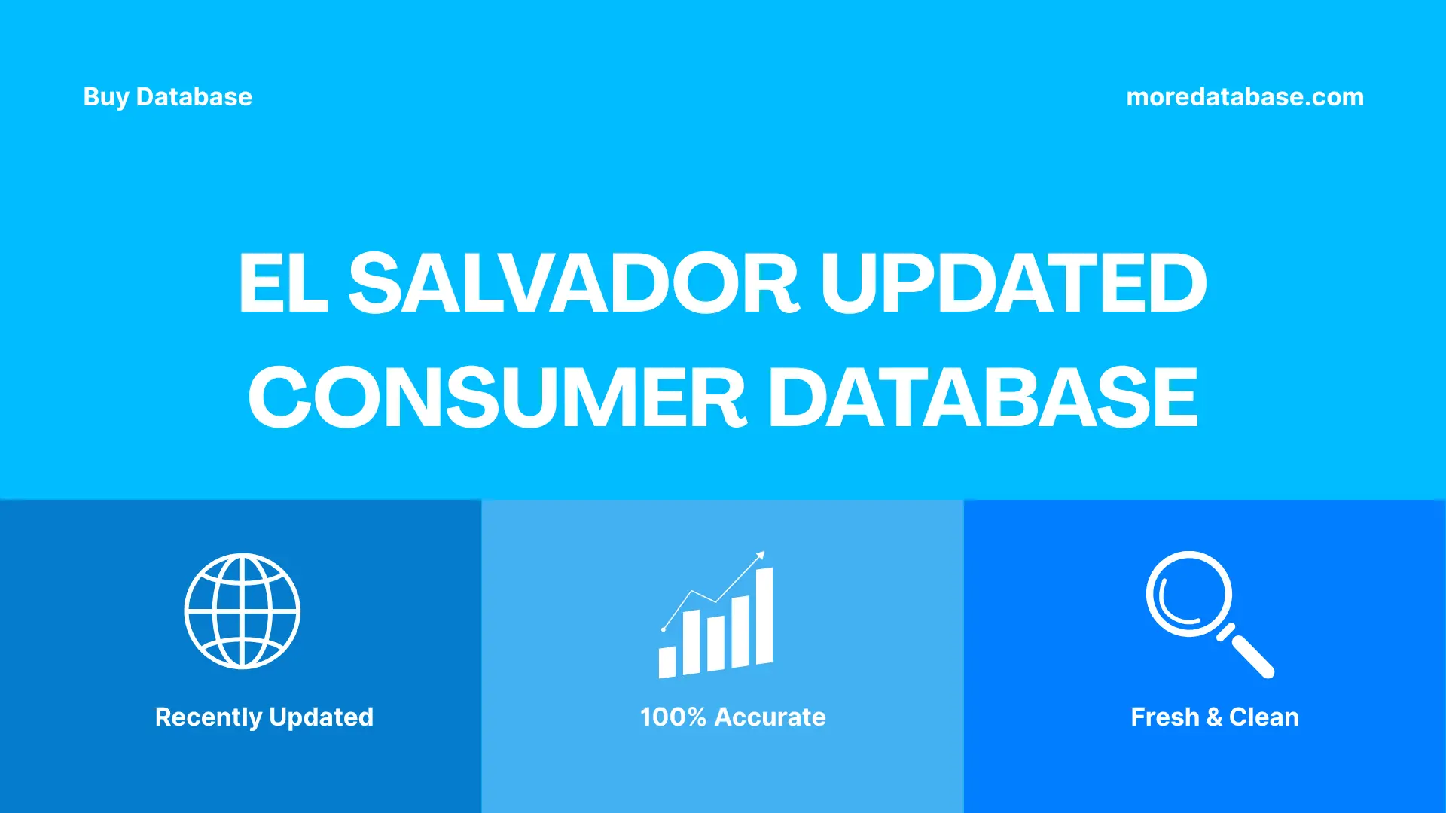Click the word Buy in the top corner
click(106, 97)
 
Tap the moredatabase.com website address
click(1244, 97)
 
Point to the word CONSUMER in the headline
click(497, 397)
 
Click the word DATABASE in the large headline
click(982, 397)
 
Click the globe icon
click(243, 611)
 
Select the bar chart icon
click(715, 617)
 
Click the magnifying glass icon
click(1205, 611)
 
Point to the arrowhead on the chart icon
click(761, 556)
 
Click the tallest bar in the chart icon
click(764, 616)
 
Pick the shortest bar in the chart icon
click(667, 662)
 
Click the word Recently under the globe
click(208, 717)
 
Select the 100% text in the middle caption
click(673, 717)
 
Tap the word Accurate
click(770, 717)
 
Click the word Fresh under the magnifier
click(1164, 717)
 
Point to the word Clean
click(1264, 717)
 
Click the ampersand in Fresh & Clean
click(1214, 717)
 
